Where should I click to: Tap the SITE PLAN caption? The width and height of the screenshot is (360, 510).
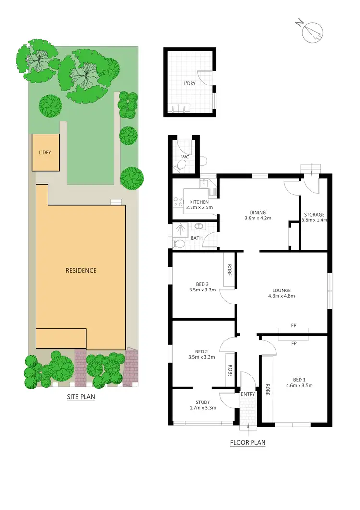80,397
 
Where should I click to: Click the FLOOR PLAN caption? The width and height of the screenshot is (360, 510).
248,442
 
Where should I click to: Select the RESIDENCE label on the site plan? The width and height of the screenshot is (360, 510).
81,270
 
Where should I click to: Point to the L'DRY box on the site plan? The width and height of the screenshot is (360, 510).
45,152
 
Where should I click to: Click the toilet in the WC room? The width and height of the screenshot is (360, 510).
180,166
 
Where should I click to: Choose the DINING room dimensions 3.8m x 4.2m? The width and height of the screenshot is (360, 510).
257,219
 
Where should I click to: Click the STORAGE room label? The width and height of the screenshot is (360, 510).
314,214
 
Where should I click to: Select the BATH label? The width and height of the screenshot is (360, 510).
197,238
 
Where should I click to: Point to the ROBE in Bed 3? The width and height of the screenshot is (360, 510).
229,270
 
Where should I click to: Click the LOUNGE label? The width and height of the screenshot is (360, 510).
282,290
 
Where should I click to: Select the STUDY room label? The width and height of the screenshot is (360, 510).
203,402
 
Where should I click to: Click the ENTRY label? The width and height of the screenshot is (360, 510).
248,394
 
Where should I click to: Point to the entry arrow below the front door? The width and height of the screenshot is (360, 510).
248,425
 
